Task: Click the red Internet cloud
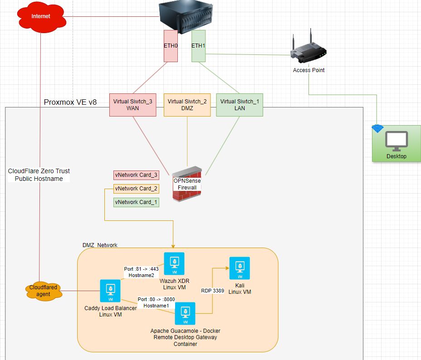point(41,17)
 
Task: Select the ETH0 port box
point(171,46)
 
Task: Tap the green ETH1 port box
point(198,46)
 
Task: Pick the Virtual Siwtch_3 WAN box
point(133,105)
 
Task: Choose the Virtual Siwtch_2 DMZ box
point(187,105)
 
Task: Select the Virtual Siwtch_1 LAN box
point(240,105)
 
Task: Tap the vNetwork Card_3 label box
point(136,175)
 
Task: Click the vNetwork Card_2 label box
point(136,189)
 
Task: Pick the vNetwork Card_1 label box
point(136,202)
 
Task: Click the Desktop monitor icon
point(397,141)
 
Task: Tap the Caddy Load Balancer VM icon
point(110,291)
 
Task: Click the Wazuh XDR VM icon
point(174,263)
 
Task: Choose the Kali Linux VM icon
point(240,268)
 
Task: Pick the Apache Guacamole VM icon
point(185,314)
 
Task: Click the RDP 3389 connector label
point(212,291)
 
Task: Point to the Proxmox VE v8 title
point(70,102)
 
